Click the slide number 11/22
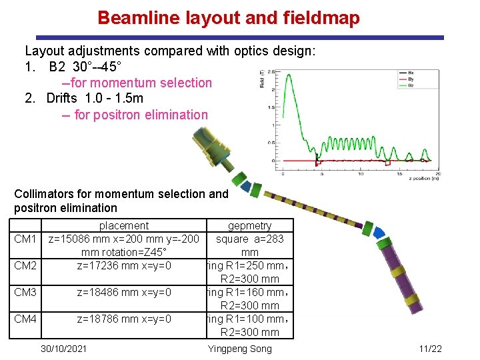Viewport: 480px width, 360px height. coord(431,349)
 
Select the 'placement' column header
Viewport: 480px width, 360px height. coord(124,226)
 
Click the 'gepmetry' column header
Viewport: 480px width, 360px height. coord(250,226)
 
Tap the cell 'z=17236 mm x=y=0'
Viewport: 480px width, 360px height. coord(124,265)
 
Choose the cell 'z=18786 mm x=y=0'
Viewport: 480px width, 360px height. coord(124,319)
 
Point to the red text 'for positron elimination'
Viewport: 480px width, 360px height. coord(141,115)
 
